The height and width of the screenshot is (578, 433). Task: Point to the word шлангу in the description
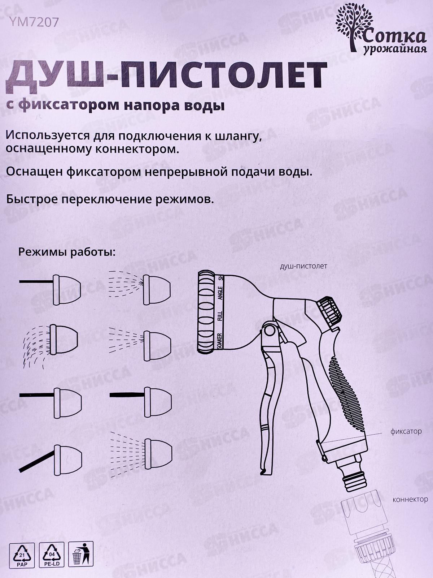point(238,137)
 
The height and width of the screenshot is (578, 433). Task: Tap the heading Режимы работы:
point(66,252)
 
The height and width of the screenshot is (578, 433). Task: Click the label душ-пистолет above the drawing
point(303,267)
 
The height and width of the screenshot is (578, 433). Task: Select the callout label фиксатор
point(406,431)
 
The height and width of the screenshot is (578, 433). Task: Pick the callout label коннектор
point(410,500)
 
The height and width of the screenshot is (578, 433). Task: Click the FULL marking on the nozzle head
point(220,315)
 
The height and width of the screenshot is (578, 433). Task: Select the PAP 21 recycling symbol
point(22,555)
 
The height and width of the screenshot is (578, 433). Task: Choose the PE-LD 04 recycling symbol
point(51,555)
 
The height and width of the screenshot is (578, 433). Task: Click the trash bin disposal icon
point(80,555)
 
